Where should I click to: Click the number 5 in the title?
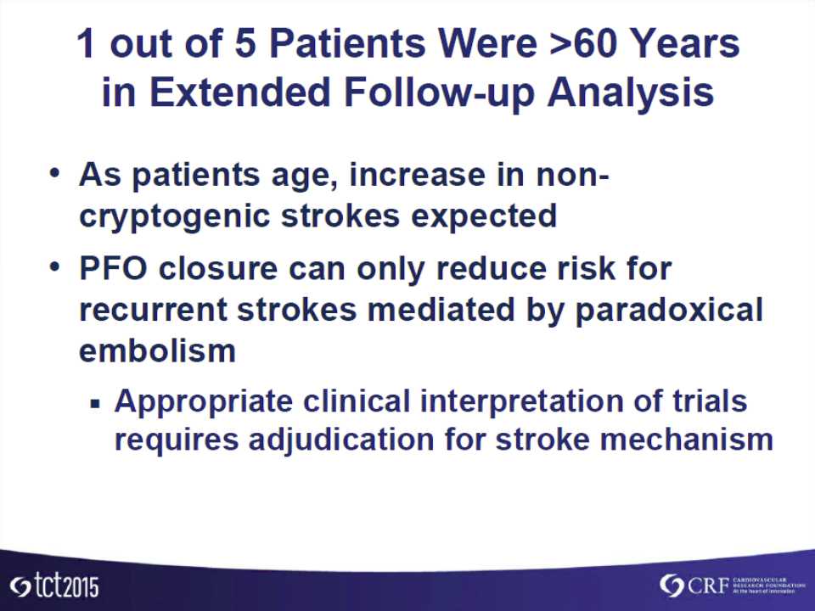click(x=244, y=42)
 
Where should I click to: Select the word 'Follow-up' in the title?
click(x=439, y=92)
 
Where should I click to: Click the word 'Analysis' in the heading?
click(x=631, y=92)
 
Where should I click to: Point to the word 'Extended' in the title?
click(x=240, y=92)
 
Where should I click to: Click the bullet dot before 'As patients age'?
click(x=54, y=173)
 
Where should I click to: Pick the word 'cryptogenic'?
click(x=174, y=216)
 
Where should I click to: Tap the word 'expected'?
click(x=483, y=216)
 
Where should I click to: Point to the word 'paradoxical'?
click(x=669, y=311)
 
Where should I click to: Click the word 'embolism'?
click(x=158, y=350)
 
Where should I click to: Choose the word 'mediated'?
click(x=441, y=310)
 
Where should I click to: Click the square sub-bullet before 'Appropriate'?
click(x=94, y=402)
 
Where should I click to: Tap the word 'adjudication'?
click(x=341, y=440)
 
